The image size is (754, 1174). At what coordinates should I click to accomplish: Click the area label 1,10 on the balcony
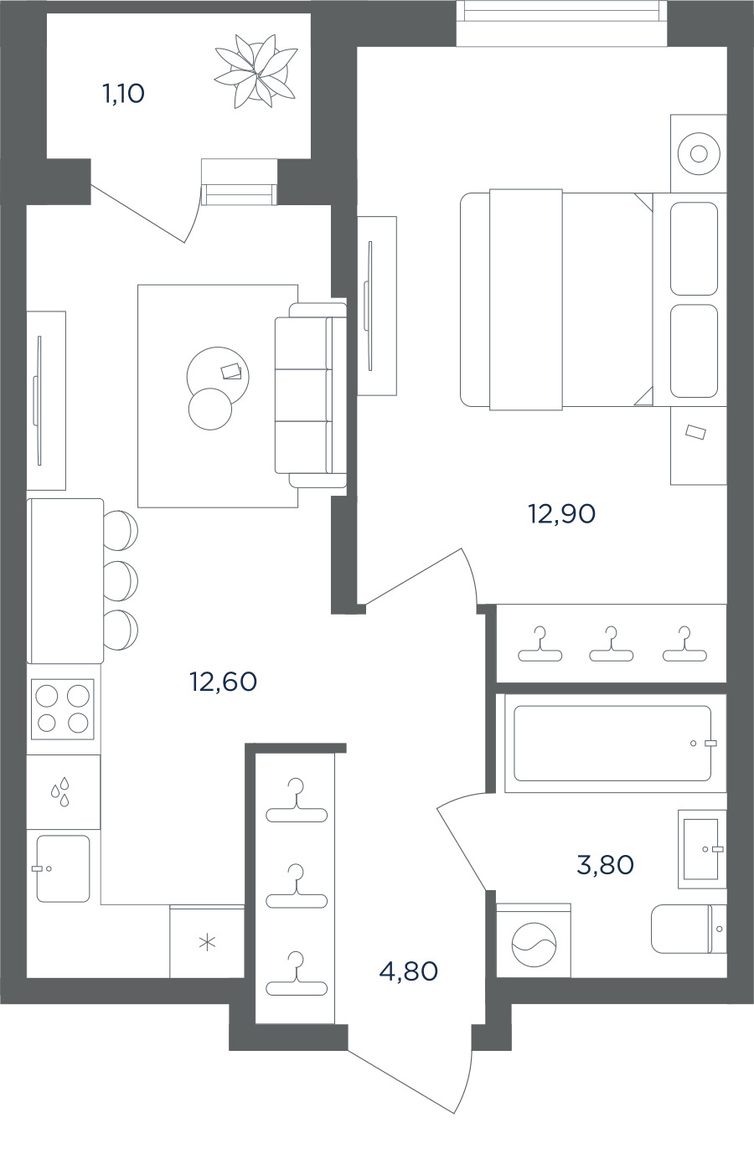pyautogui.click(x=124, y=95)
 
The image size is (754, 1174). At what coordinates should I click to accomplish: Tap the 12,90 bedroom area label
pyautogui.click(x=561, y=514)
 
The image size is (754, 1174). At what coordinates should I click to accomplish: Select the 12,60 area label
pyautogui.click(x=224, y=682)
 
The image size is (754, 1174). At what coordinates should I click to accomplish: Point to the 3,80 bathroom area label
pyautogui.click(x=605, y=865)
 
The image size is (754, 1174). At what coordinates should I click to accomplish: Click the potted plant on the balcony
pyautogui.click(x=256, y=71)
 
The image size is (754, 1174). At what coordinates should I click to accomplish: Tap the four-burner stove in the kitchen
pyautogui.click(x=62, y=709)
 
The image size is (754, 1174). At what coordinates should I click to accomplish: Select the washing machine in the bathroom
pyautogui.click(x=534, y=945)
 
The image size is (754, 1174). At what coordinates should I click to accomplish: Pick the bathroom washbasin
pyautogui.click(x=702, y=849)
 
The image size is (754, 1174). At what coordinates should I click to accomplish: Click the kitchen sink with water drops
pyautogui.click(x=64, y=791)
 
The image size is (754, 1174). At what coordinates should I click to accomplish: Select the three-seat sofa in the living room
pyautogui.click(x=311, y=395)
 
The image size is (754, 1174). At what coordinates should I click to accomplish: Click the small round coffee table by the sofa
pyautogui.click(x=209, y=409)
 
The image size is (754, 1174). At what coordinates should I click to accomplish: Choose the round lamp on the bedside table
pyautogui.click(x=699, y=154)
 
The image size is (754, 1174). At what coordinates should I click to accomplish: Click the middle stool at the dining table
pyautogui.click(x=121, y=581)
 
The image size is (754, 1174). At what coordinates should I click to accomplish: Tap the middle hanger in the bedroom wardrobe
pyautogui.click(x=612, y=644)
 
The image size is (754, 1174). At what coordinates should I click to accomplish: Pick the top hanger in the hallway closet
pyautogui.click(x=297, y=800)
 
